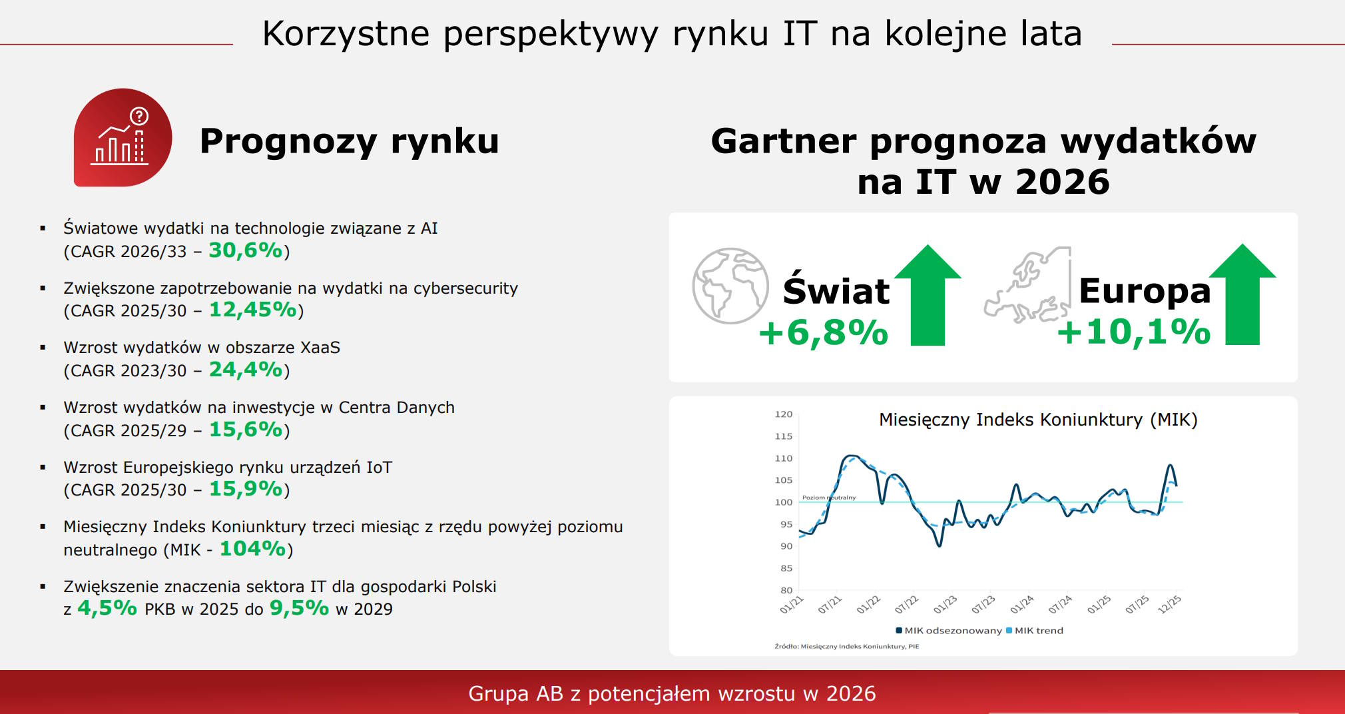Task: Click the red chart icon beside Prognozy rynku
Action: (123, 137)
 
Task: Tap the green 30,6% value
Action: (246, 250)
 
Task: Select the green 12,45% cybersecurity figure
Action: (253, 310)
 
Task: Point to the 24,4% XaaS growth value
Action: (246, 370)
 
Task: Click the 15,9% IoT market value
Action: (246, 489)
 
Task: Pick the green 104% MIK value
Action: (253, 549)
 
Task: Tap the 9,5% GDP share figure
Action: (299, 608)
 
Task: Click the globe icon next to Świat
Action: (730, 286)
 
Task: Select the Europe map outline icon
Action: (1027, 285)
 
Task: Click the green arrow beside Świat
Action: (928, 295)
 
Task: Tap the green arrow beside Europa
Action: (1242, 294)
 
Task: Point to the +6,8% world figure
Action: (824, 332)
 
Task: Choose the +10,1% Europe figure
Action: (1134, 332)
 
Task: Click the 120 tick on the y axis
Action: (784, 414)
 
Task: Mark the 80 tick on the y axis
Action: (786, 590)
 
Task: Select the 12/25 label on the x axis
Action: (1169, 604)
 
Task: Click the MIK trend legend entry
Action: (1035, 631)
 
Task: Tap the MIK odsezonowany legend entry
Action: (949, 631)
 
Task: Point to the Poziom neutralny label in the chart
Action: (829, 498)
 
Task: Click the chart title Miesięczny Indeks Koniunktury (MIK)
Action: (1038, 420)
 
